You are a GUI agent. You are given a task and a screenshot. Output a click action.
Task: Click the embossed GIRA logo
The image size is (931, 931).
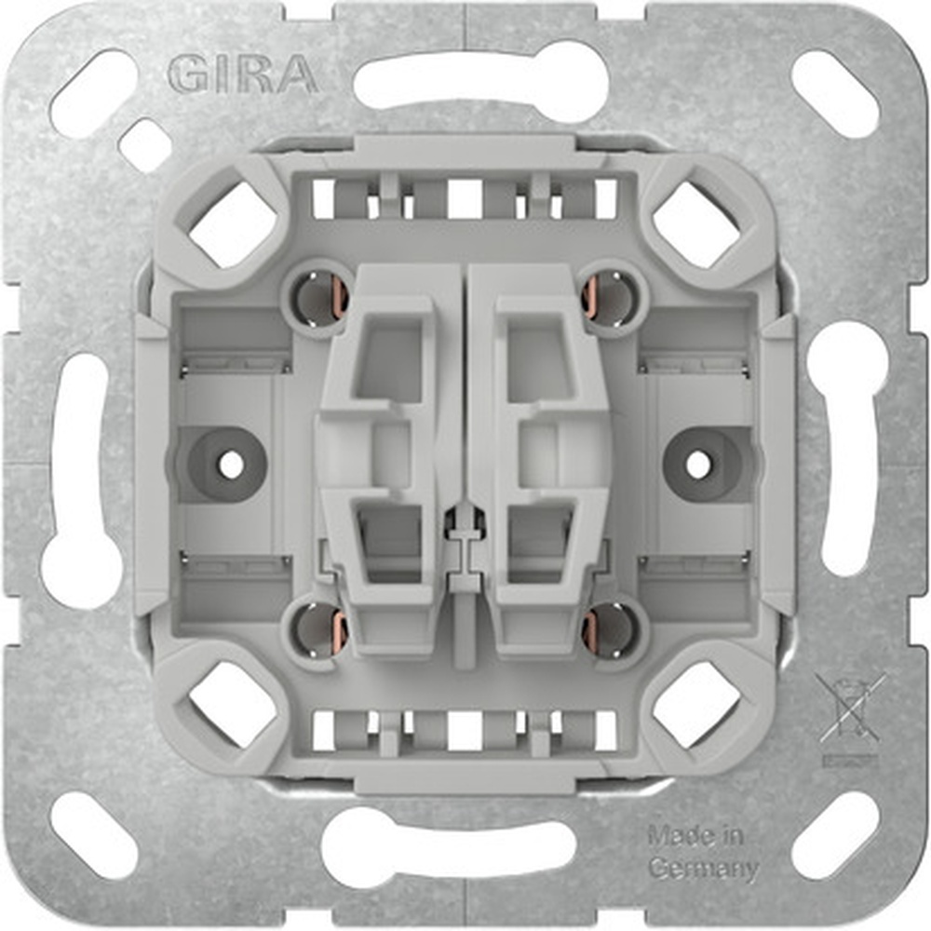tap(243, 75)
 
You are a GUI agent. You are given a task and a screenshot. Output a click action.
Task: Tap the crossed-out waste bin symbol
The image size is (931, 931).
tap(850, 712)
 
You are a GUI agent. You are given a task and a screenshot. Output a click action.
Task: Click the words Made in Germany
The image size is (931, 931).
tap(703, 852)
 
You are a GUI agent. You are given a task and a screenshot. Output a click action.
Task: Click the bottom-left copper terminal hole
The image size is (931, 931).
tap(321, 632)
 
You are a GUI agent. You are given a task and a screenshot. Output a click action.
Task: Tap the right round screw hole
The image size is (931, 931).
tap(698, 465)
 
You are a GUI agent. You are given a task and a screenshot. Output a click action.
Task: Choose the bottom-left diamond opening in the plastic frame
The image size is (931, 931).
tap(233, 706)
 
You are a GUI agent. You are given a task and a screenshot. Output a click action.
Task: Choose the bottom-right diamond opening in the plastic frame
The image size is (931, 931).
tap(696, 706)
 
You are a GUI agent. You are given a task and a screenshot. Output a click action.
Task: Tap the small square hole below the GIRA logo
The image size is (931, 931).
tap(144, 145)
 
